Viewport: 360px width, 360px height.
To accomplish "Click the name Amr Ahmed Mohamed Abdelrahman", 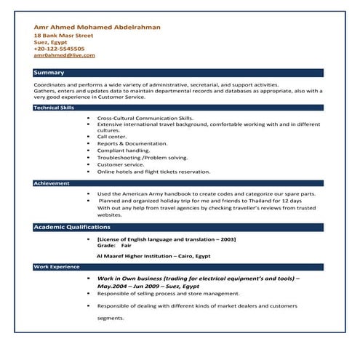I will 97,27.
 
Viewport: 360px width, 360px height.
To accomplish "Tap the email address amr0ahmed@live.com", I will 64,55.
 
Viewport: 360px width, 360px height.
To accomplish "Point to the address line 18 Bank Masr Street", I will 63,35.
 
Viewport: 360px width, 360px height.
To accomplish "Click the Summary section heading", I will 49,73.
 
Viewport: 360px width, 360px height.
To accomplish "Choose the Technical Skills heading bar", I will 54,108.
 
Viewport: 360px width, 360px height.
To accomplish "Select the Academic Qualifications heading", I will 71,228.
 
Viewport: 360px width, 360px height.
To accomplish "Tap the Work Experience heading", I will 56,267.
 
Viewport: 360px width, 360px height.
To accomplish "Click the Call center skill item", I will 111,137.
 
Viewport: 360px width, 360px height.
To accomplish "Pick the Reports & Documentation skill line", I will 132,144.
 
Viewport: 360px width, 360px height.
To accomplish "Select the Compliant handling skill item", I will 123,151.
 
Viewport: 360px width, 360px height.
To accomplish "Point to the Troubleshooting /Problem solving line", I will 142,158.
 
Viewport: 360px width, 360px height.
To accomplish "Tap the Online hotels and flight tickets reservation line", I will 153,172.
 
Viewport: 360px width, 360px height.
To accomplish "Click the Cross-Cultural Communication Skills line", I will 145,117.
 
